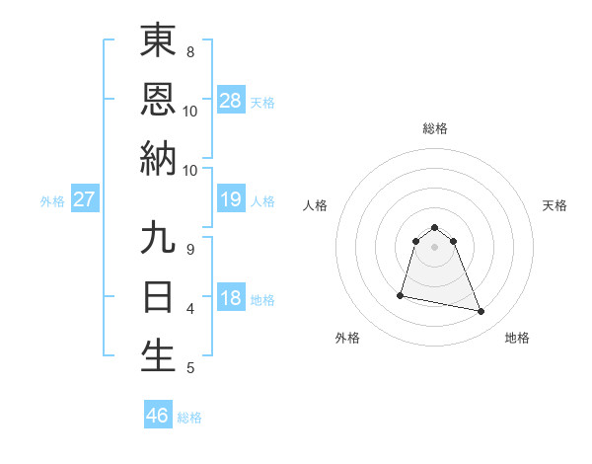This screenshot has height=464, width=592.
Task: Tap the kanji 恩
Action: tap(158, 99)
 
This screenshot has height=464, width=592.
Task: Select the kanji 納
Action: tap(158, 158)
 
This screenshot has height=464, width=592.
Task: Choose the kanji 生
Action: tap(158, 355)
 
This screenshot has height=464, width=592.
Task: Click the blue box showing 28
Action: tap(231, 101)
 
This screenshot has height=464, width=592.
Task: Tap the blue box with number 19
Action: tap(231, 200)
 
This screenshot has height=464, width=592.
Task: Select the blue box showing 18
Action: tap(231, 299)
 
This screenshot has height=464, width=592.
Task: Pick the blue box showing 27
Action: tap(85, 200)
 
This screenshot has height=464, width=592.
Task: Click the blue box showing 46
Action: tap(158, 416)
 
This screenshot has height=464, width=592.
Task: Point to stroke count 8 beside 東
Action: tap(190, 51)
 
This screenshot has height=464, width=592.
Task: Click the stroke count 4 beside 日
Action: tap(190, 309)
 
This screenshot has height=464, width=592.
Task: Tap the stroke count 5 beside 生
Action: tap(190, 368)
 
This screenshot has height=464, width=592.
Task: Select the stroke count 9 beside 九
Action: tap(190, 249)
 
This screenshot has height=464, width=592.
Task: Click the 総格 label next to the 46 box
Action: tap(189, 418)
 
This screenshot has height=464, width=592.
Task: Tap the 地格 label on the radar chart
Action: tap(517, 338)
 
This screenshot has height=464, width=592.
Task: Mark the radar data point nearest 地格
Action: tap(481, 312)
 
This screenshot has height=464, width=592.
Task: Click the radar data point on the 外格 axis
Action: tap(401, 294)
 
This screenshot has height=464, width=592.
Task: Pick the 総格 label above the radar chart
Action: tap(435, 128)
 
